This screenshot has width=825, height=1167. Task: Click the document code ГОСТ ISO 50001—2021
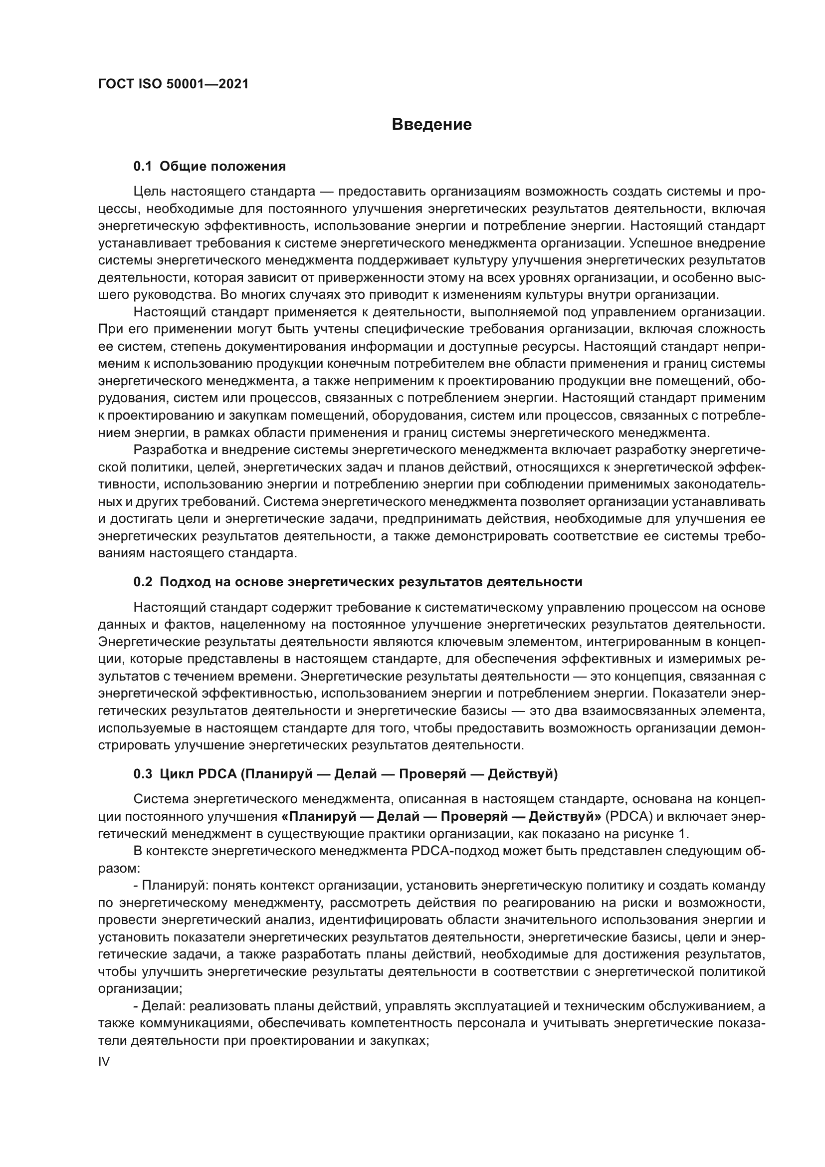[173, 84]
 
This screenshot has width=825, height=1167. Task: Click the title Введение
[431, 125]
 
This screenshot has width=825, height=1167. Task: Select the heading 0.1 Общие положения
[209, 166]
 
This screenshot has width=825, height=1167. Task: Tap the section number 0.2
[143, 582]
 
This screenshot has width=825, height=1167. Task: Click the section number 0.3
[143, 774]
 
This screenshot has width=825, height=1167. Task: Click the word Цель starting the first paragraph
[149, 192]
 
